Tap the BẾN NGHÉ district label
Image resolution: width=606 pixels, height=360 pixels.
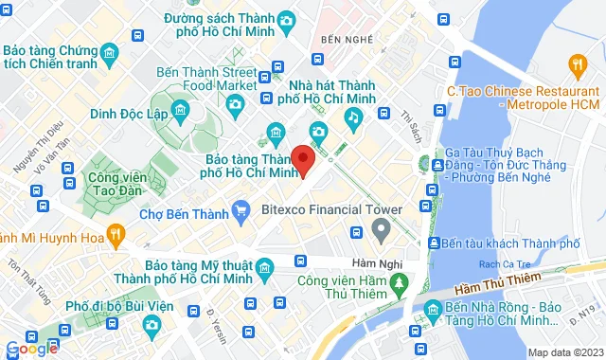click(x=343, y=40)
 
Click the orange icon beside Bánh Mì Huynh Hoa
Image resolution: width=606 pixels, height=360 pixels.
click(x=115, y=232)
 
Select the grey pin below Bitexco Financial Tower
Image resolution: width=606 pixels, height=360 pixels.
click(x=382, y=228)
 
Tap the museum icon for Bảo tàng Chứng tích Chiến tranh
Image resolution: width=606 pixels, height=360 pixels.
click(x=111, y=51)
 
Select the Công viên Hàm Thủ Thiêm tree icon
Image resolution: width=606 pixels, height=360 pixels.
click(x=399, y=282)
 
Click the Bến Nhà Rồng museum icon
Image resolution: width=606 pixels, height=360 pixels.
click(x=432, y=309)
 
